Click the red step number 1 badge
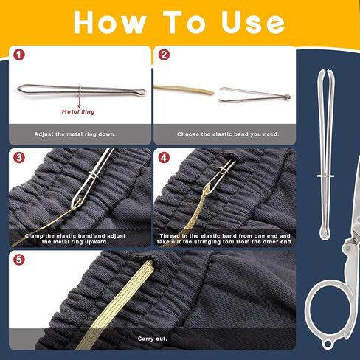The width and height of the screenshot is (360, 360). pyautogui.click(x=19, y=55)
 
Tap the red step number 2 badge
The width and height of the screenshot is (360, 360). pyautogui.click(x=164, y=55)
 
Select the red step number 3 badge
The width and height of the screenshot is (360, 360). pyautogui.click(x=19, y=157)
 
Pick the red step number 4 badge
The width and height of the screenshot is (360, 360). pyautogui.click(x=164, y=157)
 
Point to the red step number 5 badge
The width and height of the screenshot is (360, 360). pyautogui.click(x=19, y=260)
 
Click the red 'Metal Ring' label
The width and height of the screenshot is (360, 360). pyautogui.click(x=78, y=112)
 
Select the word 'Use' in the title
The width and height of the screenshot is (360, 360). pyautogui.click(x=253, y=22)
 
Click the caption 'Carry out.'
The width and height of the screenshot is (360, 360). pyautogui.click(x=153, y=339)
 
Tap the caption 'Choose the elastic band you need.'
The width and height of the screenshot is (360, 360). pyautogui.click(x=228, y=134)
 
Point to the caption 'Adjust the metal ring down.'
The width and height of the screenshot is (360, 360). pyautogui.click(x=75, y=134)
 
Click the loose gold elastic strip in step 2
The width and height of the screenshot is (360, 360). pyautogui.click(x=184, y=90)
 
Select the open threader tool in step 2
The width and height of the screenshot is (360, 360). pyautogui.click(x=255, y=94)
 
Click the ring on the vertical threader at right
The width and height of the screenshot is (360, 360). pyautogui.click(x=325, y=176)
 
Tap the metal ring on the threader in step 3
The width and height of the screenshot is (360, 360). pyautogui.click(x=94, y=175)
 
